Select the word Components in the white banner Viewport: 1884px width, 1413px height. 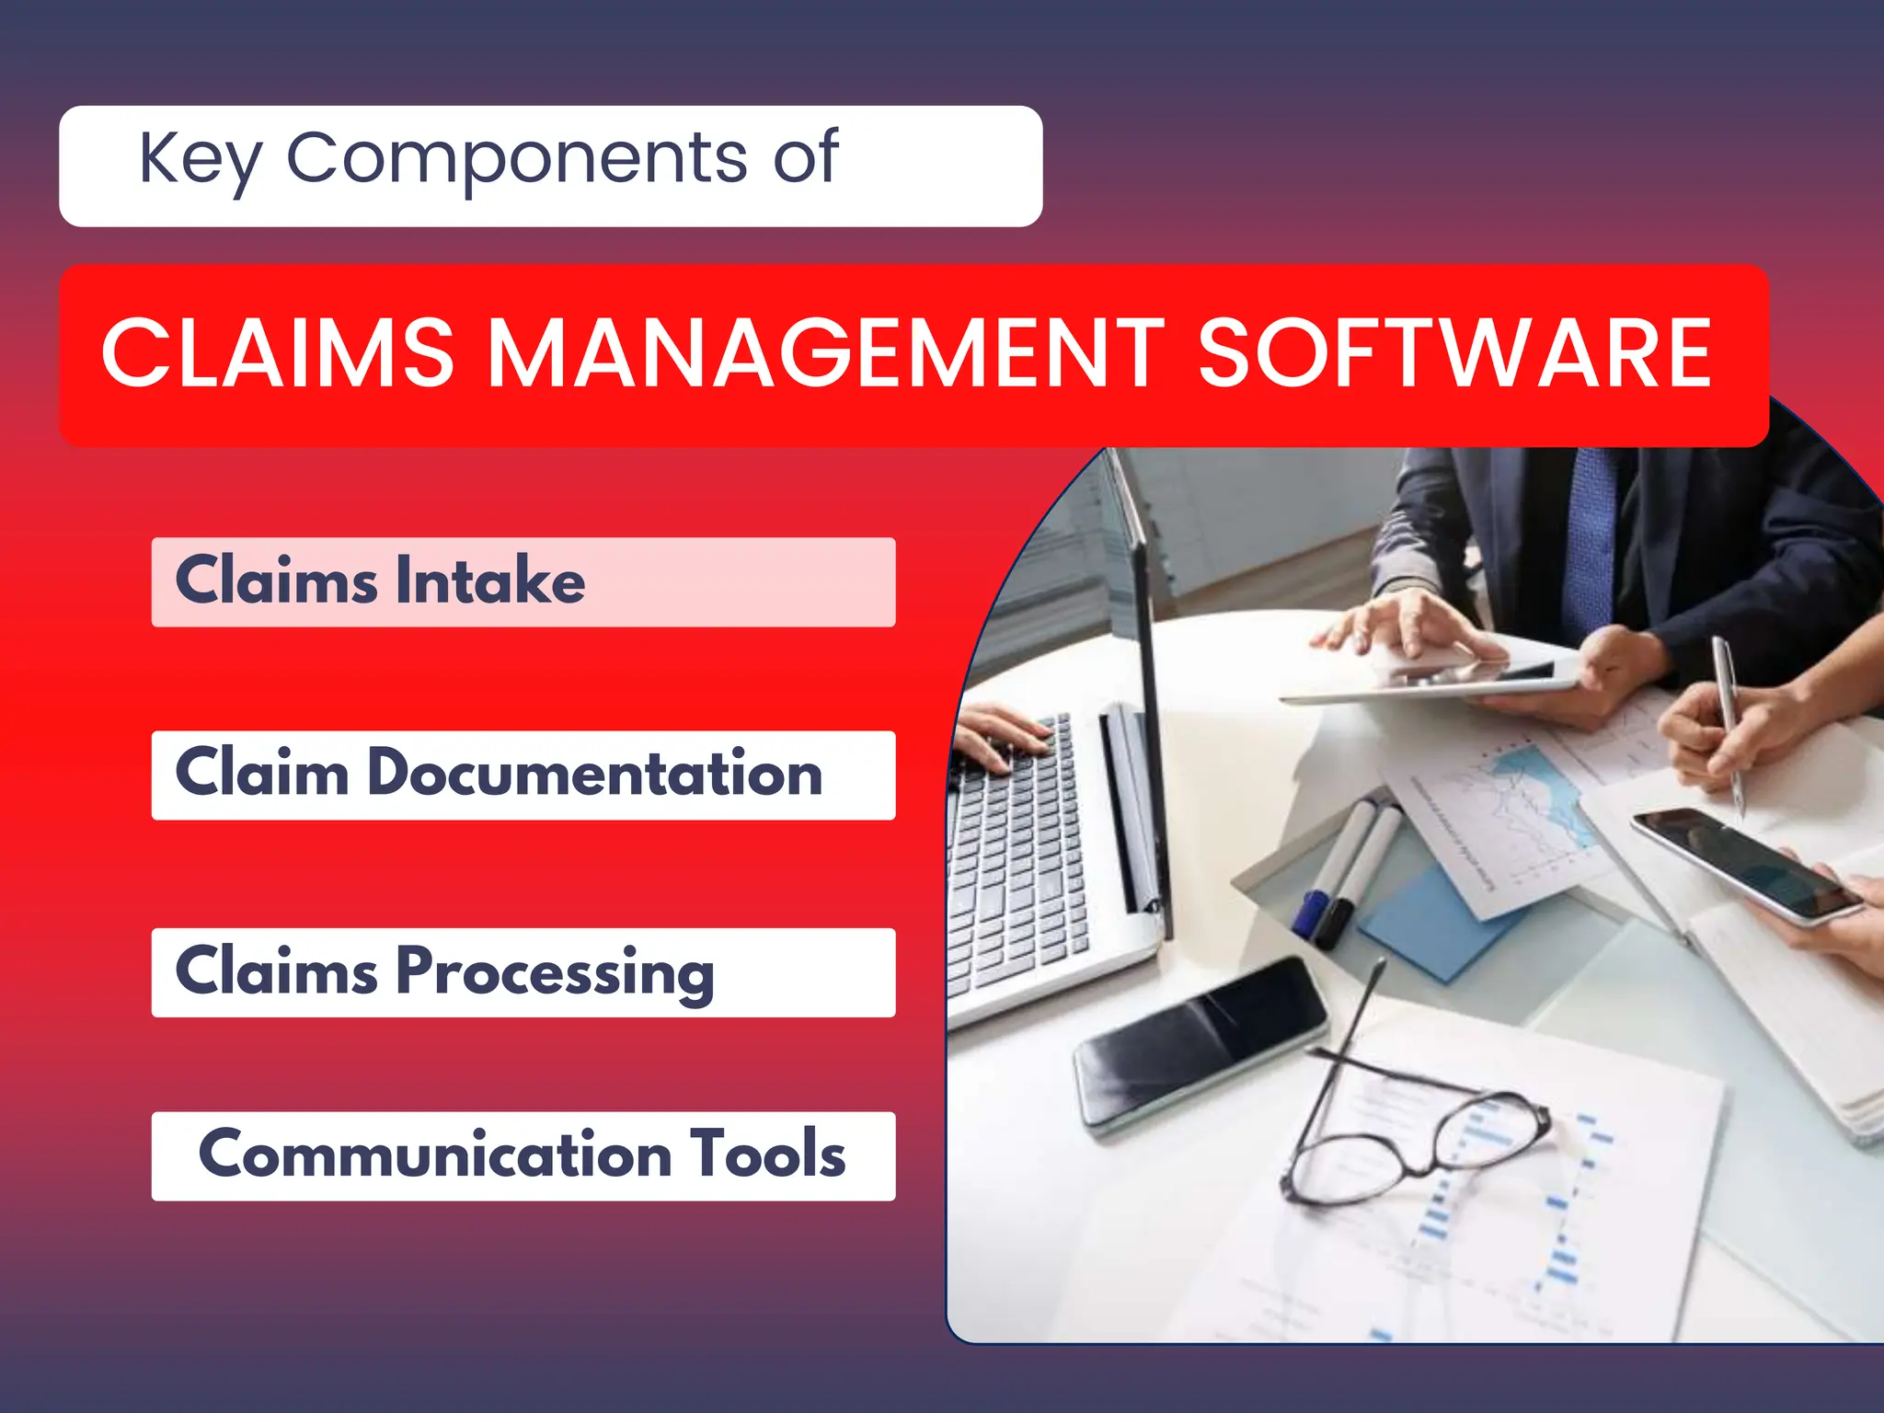coord(517,158)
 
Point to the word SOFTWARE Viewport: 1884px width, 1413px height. coord(1453,354)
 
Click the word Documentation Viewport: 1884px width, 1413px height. coord(594,774)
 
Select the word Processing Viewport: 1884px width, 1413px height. coord(555,972)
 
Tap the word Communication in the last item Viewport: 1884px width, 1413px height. coord(435,1155)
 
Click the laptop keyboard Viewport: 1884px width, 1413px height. coord(1012,856)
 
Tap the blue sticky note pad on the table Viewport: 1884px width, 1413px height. coord(1435,920)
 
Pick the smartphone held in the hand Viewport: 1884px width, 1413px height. coord(1743,865)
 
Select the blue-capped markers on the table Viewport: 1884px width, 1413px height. coord(1338,874)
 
